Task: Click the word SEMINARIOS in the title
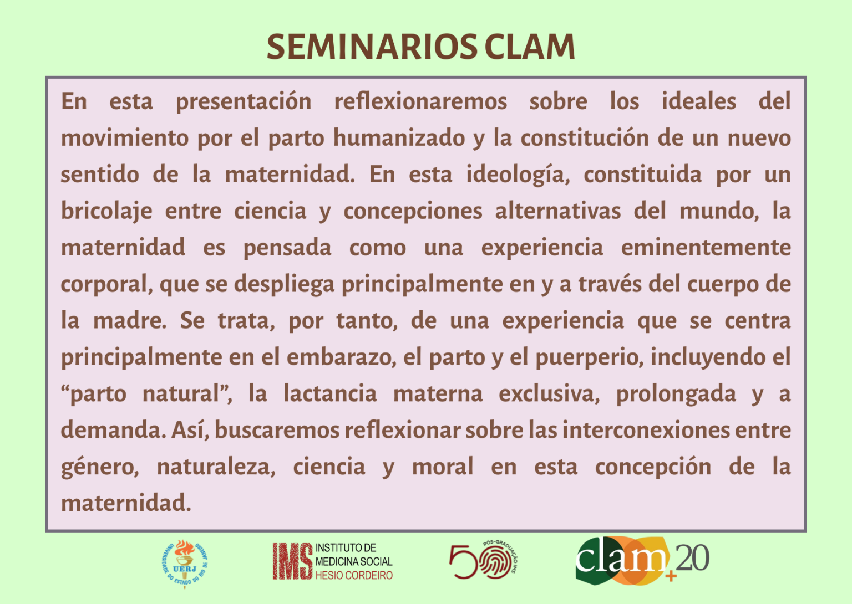pyautogui.click(x=372, y=47)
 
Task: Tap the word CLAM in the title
pyautogui.click(x=530, y=47)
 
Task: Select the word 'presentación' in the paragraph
pyautogui.click(x=244, y=103)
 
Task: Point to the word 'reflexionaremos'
pyautogui.click(x=420, y=101)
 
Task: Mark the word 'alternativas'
pyautogui.click(x=558, y=211)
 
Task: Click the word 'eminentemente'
pyautogui.click(x=706, y=247)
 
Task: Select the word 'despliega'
pyautogui.click(x=284, y=285)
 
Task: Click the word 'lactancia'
pyautogui.click(x=330, y=393)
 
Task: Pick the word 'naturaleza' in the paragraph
pyautogui.click(x=216, y=467)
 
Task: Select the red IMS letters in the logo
pyautogui.click(x=292, y=561)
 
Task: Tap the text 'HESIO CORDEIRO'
pyautogui.click(x=354, y=576)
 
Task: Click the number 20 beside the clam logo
pyautogui.click(x=692, y=558)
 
